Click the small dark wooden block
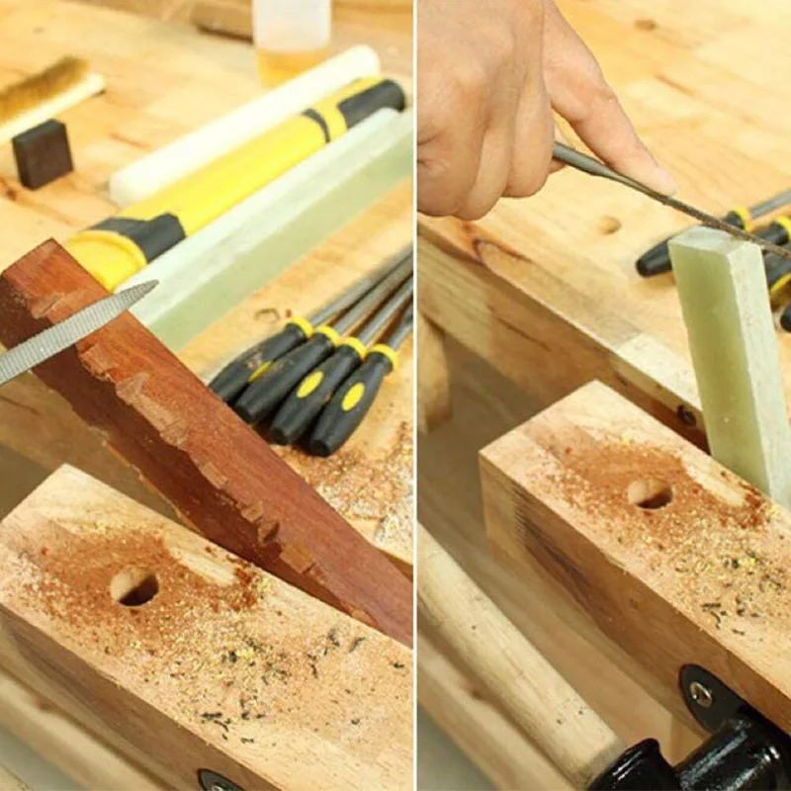tap(42, 153)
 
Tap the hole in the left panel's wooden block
tap(135, 587)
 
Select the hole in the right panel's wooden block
tap(650, 493)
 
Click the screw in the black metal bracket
tap(700, 694)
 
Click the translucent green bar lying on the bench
tap(287, 237)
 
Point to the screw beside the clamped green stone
tap(686, 415)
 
